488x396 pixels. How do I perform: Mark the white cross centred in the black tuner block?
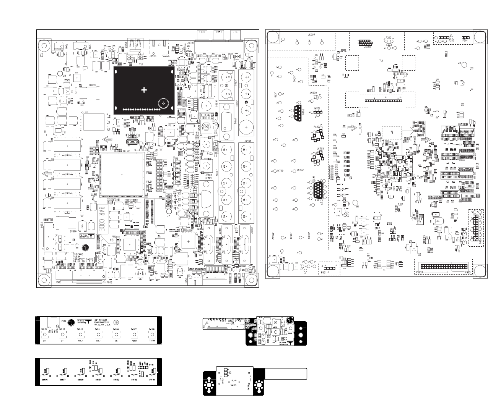pos(144,90)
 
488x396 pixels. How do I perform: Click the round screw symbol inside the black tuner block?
pos(164,103)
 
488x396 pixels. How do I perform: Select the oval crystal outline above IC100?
pos(131,142)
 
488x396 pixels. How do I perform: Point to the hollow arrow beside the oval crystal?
pos(108,139)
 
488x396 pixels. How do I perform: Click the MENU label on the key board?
pos(134,341)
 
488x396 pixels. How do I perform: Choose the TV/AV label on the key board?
pos(152,341)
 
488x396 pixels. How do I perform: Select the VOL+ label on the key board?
pos(80,341)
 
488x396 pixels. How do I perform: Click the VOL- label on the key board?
pos(98,341)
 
